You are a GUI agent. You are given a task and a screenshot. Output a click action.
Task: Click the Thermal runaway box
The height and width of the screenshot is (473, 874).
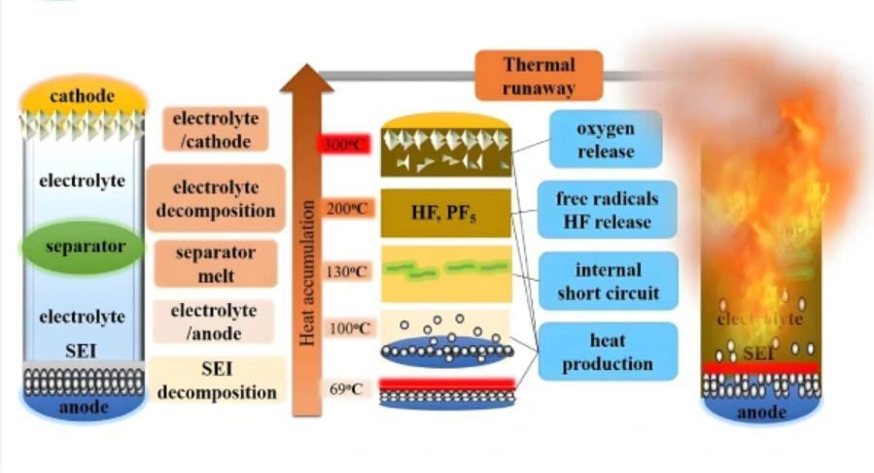click(x=539, y=77)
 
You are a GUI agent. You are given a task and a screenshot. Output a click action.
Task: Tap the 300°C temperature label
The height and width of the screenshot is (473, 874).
click(x=345, y=145)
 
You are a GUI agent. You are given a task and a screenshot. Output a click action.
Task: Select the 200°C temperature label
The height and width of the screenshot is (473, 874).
click(x=345, y=208)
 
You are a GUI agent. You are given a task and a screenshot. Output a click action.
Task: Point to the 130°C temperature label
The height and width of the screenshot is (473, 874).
click(x=345, y=271)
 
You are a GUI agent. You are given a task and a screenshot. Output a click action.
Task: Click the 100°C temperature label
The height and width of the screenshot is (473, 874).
click(x=345, y=328)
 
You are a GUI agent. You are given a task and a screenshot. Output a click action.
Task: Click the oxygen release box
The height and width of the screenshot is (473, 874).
click(x=605, y=139)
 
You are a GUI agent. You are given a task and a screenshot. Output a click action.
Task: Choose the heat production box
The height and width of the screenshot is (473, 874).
click(x=607, y=351)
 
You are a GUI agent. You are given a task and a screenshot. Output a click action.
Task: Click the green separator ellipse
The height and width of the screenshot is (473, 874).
click(x=86, y=247)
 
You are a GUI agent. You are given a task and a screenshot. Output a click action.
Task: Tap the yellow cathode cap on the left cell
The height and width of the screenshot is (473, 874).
click(x=84, y=95)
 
